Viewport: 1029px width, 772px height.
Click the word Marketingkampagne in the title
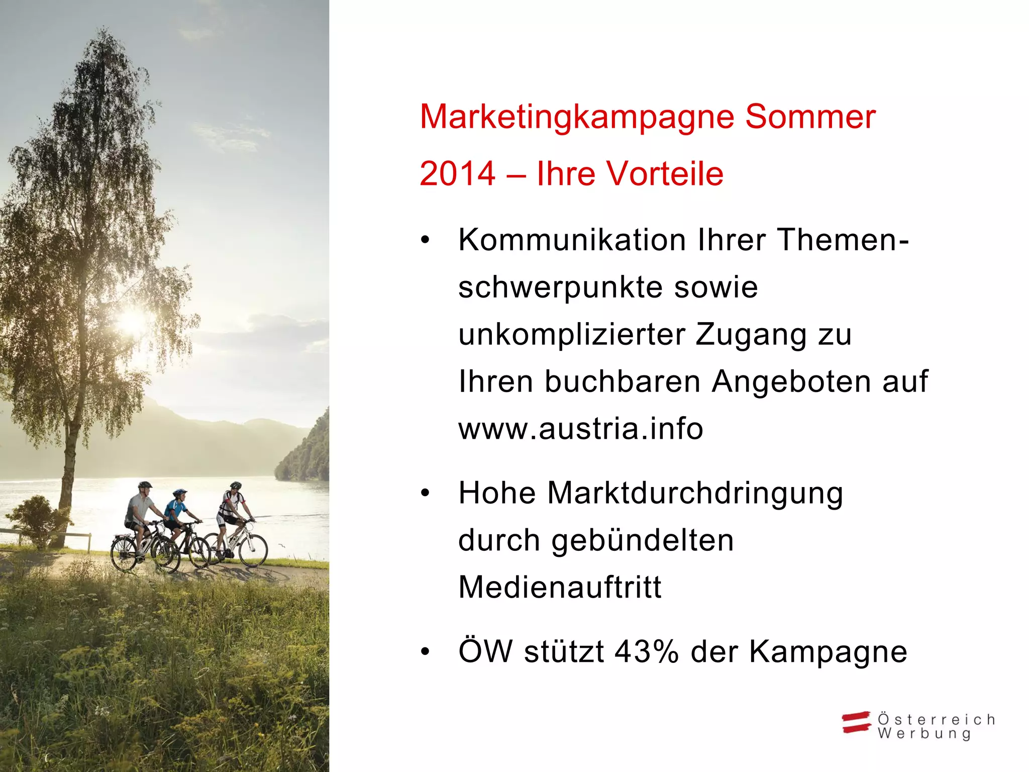[577, 118]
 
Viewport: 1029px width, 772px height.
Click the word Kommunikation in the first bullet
[572, 240]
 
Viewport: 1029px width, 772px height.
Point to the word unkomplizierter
[572, 334]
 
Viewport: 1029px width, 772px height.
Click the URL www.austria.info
[580, 429]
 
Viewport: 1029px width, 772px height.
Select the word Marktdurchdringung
[695, 493]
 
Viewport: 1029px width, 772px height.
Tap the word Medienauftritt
[560, 587]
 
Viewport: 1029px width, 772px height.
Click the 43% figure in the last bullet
[646, 652]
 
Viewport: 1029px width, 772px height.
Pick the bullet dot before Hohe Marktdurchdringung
[426, 493]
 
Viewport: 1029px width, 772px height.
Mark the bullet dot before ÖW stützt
[426, 652]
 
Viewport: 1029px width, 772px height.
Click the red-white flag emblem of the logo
[856, 722]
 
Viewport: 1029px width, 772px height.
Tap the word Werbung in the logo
[924, 734]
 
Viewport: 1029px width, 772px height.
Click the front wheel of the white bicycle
[253, 550]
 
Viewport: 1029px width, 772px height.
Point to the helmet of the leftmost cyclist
[145, 486]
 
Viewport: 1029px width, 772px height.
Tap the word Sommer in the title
[810, 118]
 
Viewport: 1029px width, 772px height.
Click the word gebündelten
[642, 540]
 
